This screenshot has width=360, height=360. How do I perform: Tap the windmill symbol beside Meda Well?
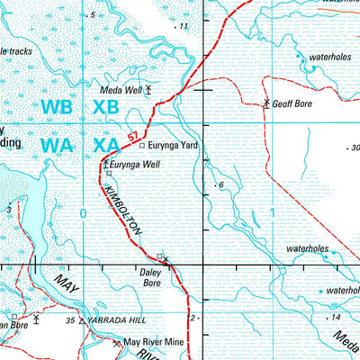(x=148, y=89)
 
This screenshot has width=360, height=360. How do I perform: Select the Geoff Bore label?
(x=292, y=104)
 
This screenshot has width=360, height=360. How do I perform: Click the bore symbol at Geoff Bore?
(x=266, y=103)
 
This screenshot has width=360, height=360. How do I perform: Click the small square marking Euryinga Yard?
(x=141, y=144)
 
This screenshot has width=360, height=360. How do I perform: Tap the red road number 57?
(x=133, y=136)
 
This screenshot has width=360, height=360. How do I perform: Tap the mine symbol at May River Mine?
(x=115, y=343)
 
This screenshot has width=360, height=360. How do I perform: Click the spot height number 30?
(x=354, y=148)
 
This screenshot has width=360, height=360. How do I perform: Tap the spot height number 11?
(x=184, y=27)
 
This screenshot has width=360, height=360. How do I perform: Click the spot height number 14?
(x=336, y=319)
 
